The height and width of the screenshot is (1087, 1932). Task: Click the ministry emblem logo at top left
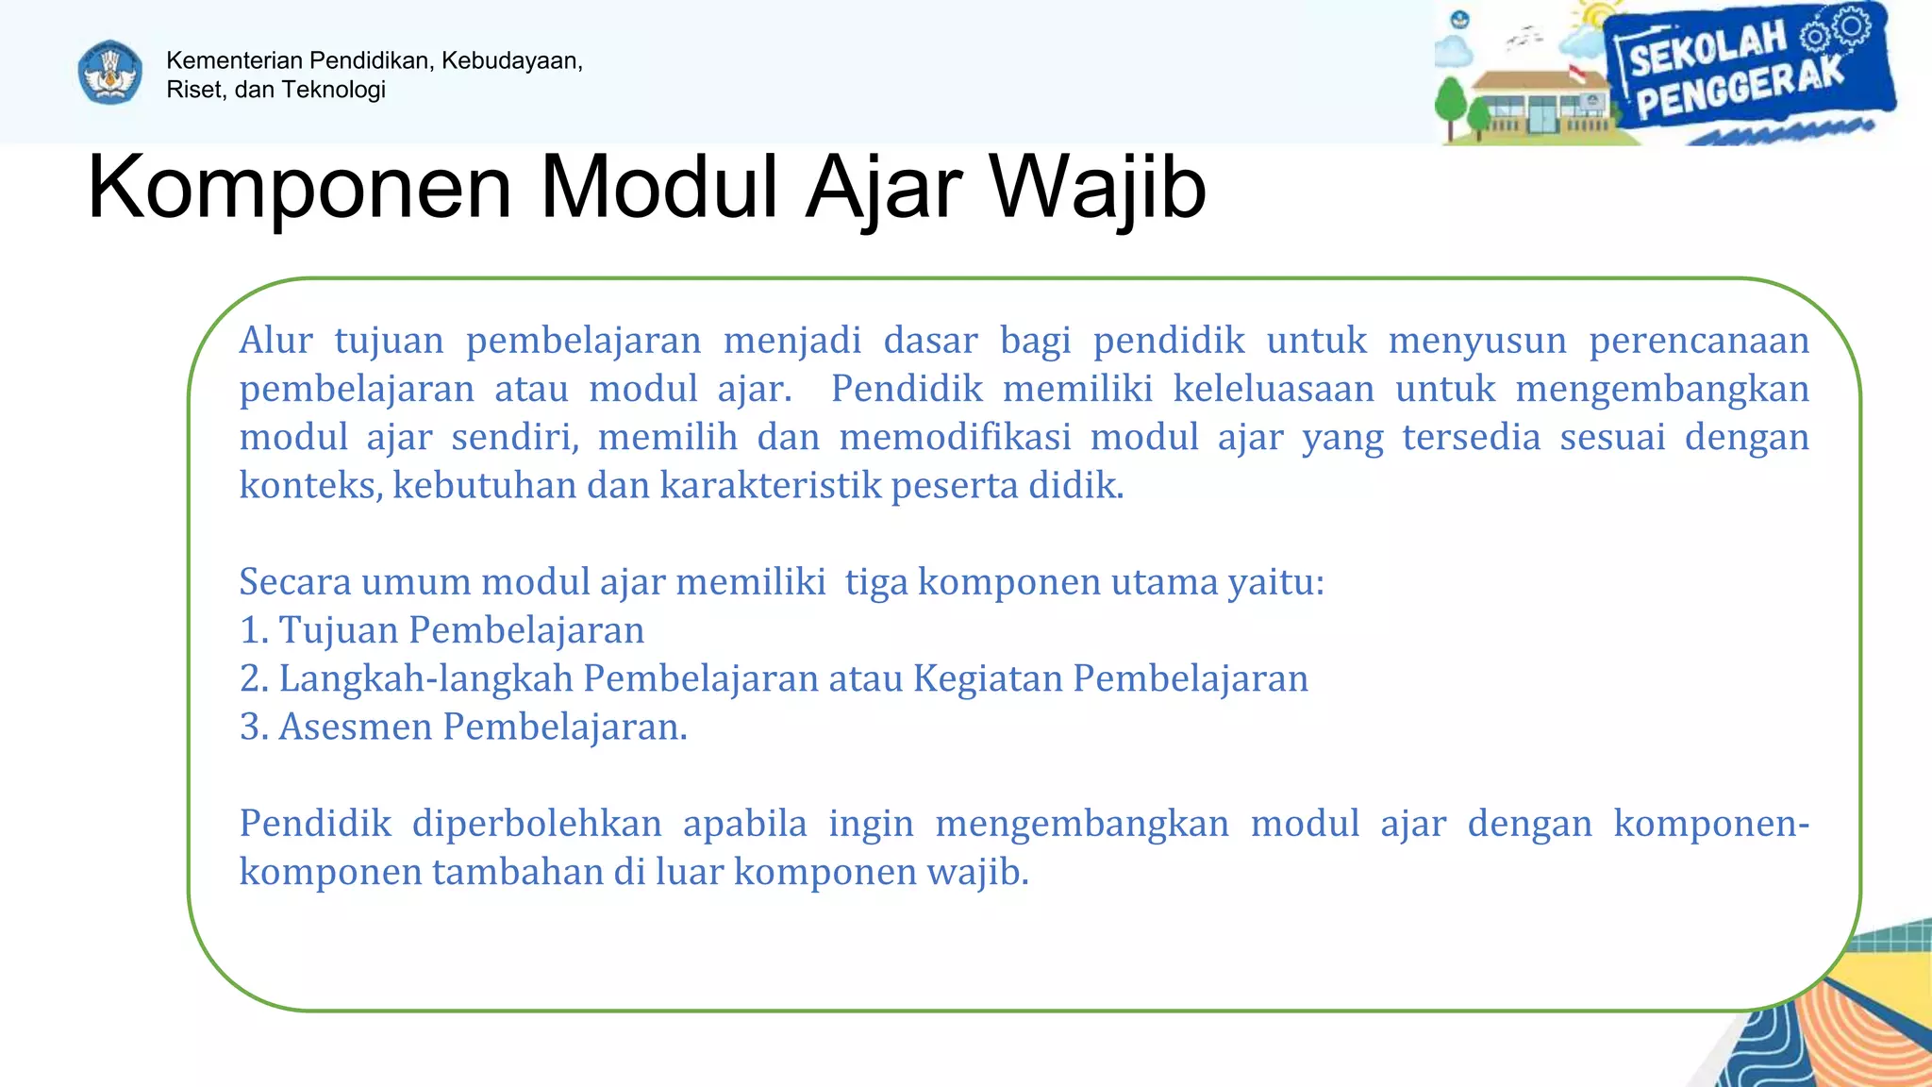click(x=110, y=73)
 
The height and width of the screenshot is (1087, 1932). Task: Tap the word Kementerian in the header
click(x=235, y=60)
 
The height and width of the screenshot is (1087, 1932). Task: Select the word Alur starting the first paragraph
click(x=275, y=341)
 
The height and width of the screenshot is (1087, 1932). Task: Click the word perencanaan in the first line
click(x=1698, y=341)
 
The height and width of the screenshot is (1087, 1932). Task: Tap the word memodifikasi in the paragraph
click(x=955, y=438)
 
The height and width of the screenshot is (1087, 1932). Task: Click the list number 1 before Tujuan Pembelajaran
click(x=250, y=630)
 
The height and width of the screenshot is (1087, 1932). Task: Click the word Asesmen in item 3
click(x=355, y=727)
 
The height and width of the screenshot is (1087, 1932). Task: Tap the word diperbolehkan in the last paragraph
click(x=537, y=824)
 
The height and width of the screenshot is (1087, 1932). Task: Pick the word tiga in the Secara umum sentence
click(x=875, y=582)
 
